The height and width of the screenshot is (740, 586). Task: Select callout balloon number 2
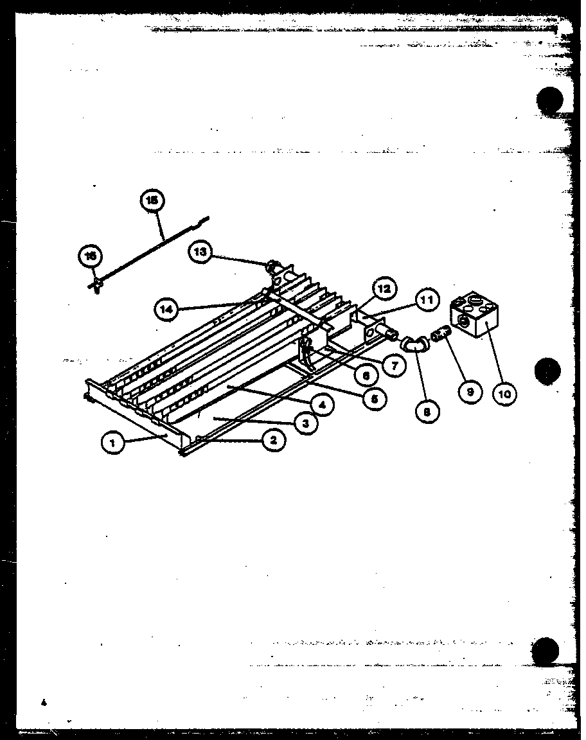click(x=274, y=439)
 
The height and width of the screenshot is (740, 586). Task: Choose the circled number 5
click(x=374, y=398)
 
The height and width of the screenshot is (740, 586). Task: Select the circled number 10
click(x=505, y=393)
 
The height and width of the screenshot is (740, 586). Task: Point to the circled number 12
click(x=384, y=290)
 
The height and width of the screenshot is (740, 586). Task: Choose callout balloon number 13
click(x=201, y=252)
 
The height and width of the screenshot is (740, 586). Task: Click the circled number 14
click(x=166, y=310)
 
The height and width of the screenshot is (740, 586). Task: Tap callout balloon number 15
click(x=152, y=200)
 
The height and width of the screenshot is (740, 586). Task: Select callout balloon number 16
click(x=90, y=256)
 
